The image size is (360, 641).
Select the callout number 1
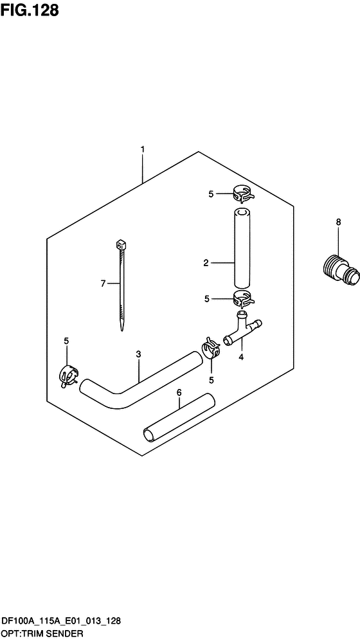(x=142, y=150)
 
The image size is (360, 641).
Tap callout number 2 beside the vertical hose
(x=206, y=262)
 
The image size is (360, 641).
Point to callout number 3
(x=138, y=354)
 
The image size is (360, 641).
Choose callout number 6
(x=179, y=392)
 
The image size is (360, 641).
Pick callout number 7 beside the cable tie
(x=102, y=283)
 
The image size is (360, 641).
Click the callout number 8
(x=338, y=222)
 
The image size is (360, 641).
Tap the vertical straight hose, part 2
(x=240, y=248)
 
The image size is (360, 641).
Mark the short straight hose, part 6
(x=177, y=419)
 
